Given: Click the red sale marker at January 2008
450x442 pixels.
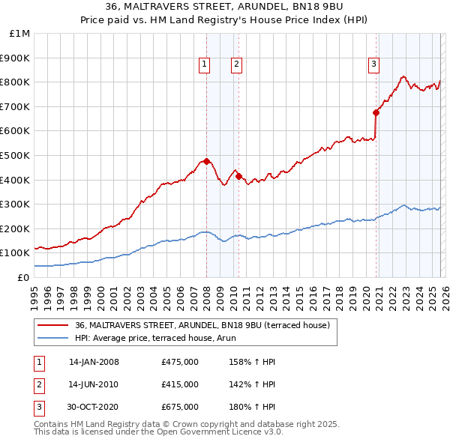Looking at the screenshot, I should point(206,161).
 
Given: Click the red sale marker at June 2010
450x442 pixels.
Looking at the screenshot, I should point(238,176).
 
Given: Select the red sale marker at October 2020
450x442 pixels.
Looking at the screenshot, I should point(376,112).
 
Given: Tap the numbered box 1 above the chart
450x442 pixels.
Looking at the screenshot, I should point(204,65).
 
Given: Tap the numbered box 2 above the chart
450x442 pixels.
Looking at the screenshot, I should point(236,65).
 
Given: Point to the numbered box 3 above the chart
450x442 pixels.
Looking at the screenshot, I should point(373,65).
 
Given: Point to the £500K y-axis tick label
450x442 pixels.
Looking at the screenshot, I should point(16,155).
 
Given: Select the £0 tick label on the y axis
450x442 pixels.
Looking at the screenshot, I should point(22,277).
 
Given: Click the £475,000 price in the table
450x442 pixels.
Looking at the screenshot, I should point(179,362).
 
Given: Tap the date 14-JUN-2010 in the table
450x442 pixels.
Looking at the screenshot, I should point(94,384).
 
